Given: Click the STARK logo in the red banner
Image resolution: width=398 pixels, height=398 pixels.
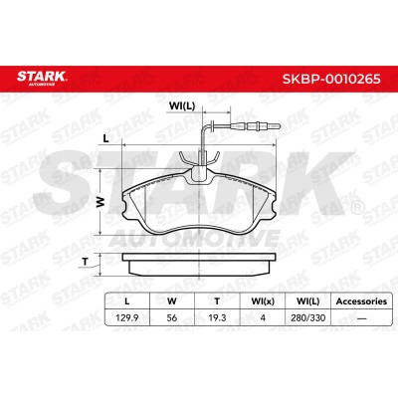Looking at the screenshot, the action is (x=42, y=78).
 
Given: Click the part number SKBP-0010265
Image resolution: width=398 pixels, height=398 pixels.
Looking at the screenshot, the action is (x=331, y=79).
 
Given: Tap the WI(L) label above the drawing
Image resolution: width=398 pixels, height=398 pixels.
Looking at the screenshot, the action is (x=182, y=105).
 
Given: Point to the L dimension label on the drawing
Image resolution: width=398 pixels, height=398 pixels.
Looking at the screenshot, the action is (x=105, y=139).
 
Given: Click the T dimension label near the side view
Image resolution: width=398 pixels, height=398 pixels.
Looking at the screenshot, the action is (x=86, y=262).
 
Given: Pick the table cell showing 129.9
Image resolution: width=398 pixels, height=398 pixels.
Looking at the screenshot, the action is (x=126, y=317).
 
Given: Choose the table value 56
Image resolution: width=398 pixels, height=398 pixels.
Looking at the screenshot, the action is (x=172, y=317).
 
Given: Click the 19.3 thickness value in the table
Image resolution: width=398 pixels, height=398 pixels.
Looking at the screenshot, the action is (x=217, y=317).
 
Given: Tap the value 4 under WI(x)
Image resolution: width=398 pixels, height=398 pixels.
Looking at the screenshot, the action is (x=263, y=317).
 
